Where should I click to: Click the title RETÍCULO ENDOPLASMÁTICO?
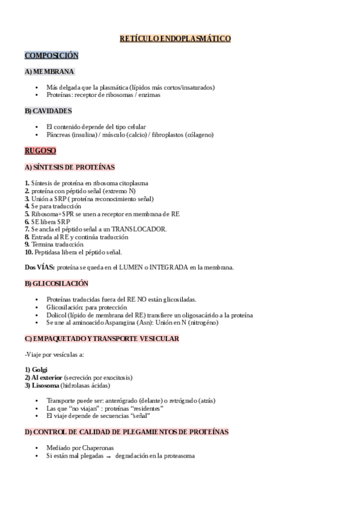[x=175, y=38]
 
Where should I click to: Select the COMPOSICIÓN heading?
[x=51, y=55]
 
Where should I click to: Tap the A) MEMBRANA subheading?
[x=49, y=71]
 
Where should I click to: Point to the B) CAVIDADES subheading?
[x=48, y=111]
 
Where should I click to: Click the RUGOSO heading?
[x=40, y=150]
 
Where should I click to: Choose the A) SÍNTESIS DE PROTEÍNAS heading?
[x=69, y=167]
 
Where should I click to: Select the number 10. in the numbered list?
[x=28, y=253]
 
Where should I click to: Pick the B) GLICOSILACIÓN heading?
[x=56, y=283]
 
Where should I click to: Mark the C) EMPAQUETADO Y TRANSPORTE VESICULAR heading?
[x=102, y=339]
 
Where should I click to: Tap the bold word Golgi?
[x=40, y=369]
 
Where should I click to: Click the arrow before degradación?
[x=109, y=456]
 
